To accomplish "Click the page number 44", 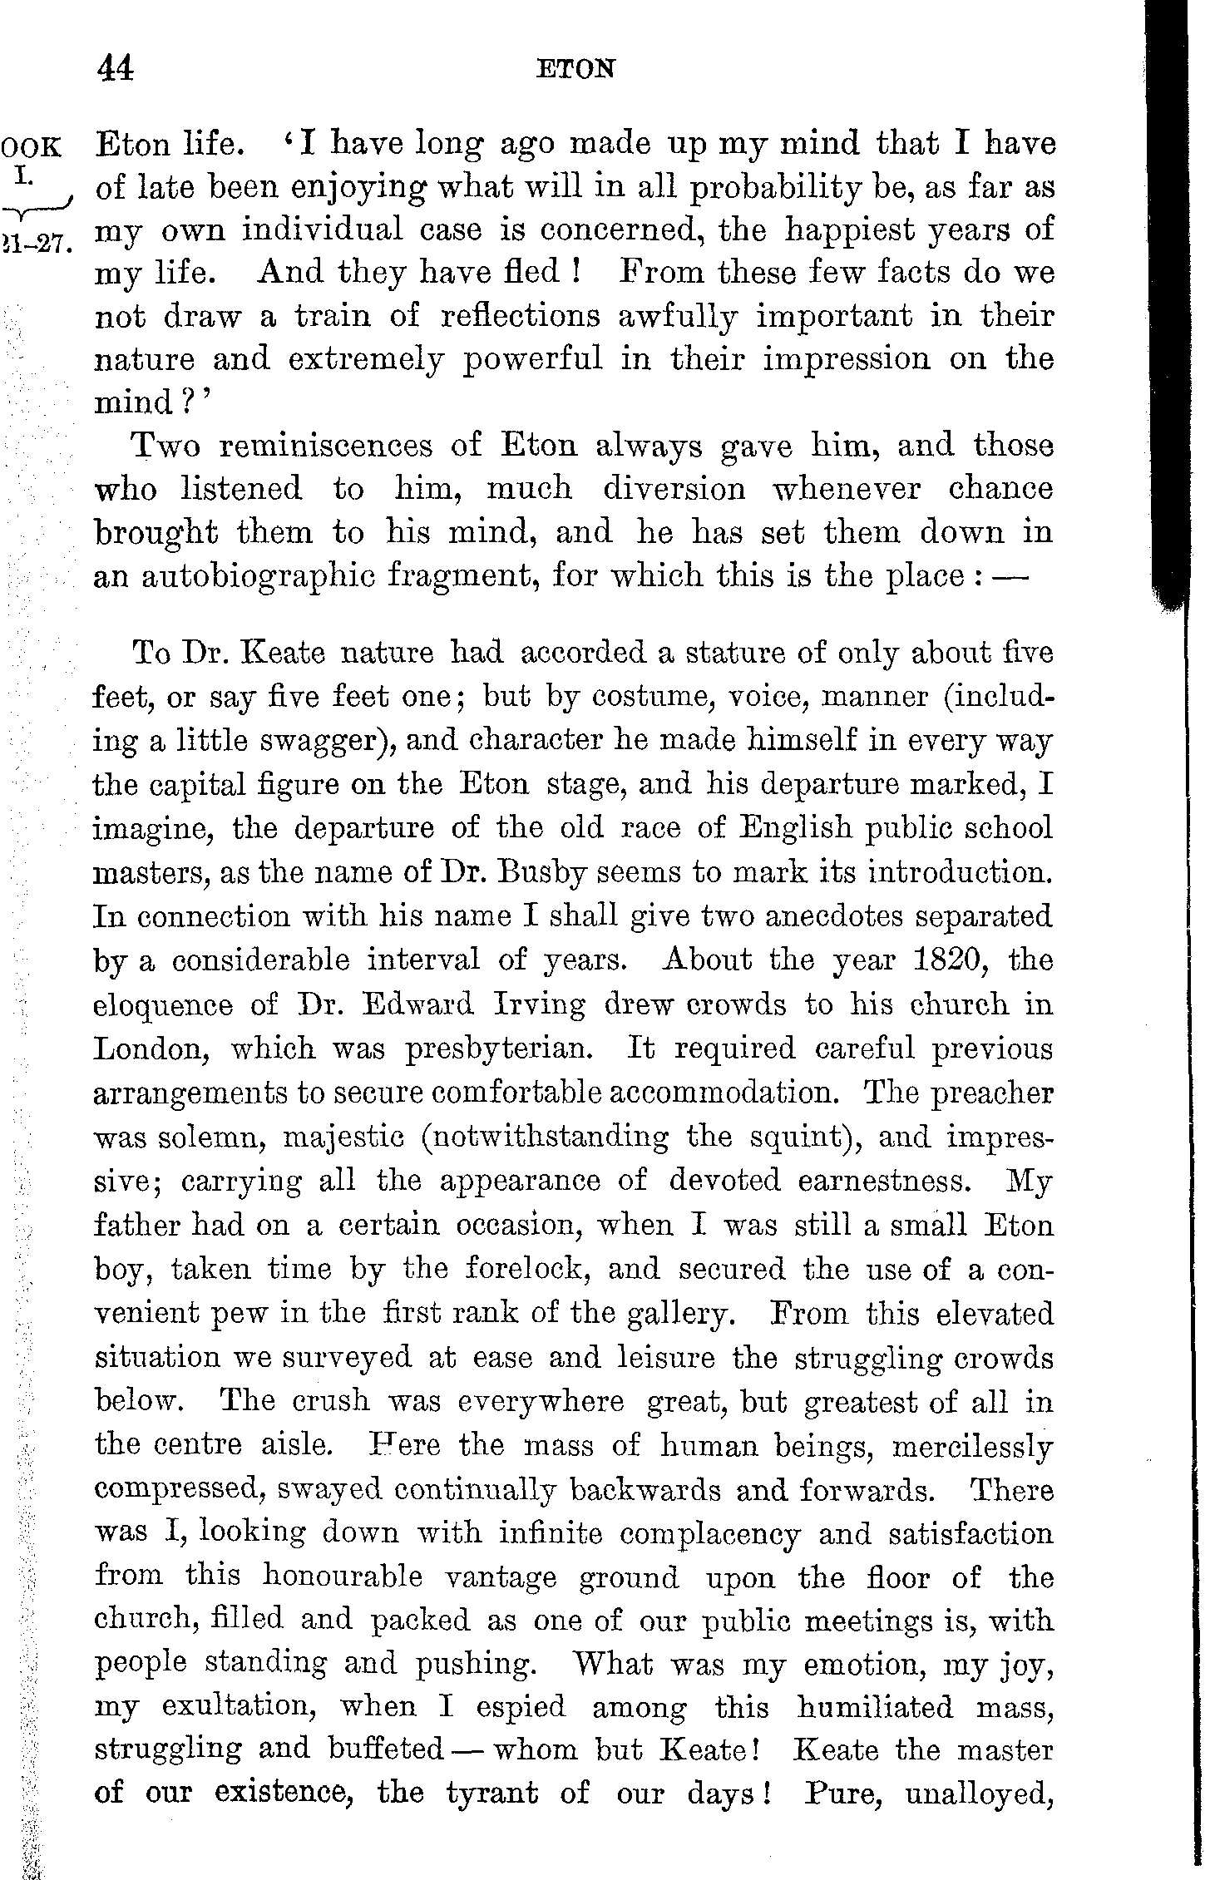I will coord(116,68).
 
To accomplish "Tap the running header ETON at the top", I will coord(575,69).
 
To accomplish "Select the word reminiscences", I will coord(326,446).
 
